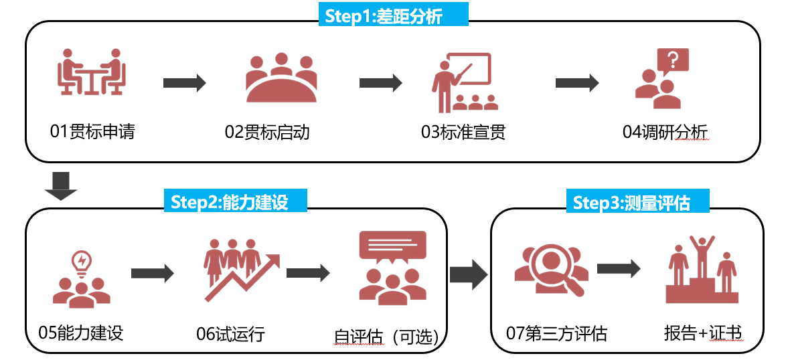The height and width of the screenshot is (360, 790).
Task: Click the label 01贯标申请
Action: point(92,131)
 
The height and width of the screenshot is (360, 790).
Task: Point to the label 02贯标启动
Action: point(267,131)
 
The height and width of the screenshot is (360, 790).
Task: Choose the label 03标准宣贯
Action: point(463,131)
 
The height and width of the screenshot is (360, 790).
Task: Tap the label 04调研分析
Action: point(665,131)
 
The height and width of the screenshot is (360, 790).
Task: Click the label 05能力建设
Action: point(81,332)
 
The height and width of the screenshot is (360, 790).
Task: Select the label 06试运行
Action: point(231,333)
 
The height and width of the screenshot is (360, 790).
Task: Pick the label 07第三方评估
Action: point(557,333)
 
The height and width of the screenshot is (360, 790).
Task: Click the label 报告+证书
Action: point(704,333)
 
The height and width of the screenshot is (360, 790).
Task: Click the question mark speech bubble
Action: point(673,62)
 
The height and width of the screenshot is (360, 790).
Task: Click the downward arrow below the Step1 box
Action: point(61,185)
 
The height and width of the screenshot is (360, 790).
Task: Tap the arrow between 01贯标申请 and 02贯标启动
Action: point(184,83)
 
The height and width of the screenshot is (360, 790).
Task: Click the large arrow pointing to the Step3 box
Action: point(469,274)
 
